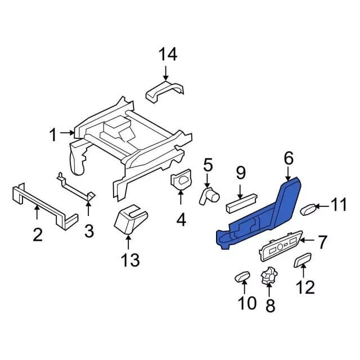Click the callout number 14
click(x=168, y=55)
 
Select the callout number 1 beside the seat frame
click(x=53, y=135)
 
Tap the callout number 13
click(x=130, y=260)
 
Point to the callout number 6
click(x=289, y=159)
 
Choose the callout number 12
click(x=305, y=287)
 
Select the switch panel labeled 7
click(x=281, y=246)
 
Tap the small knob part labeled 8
click(x=269, y=276)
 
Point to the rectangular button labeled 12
click(x=303, y=260)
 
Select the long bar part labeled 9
click(x=242, y=203)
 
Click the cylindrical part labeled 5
click(x=209, y=195)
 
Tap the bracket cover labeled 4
click(x=181, y=179)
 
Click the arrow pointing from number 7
click(x=308, y=240)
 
